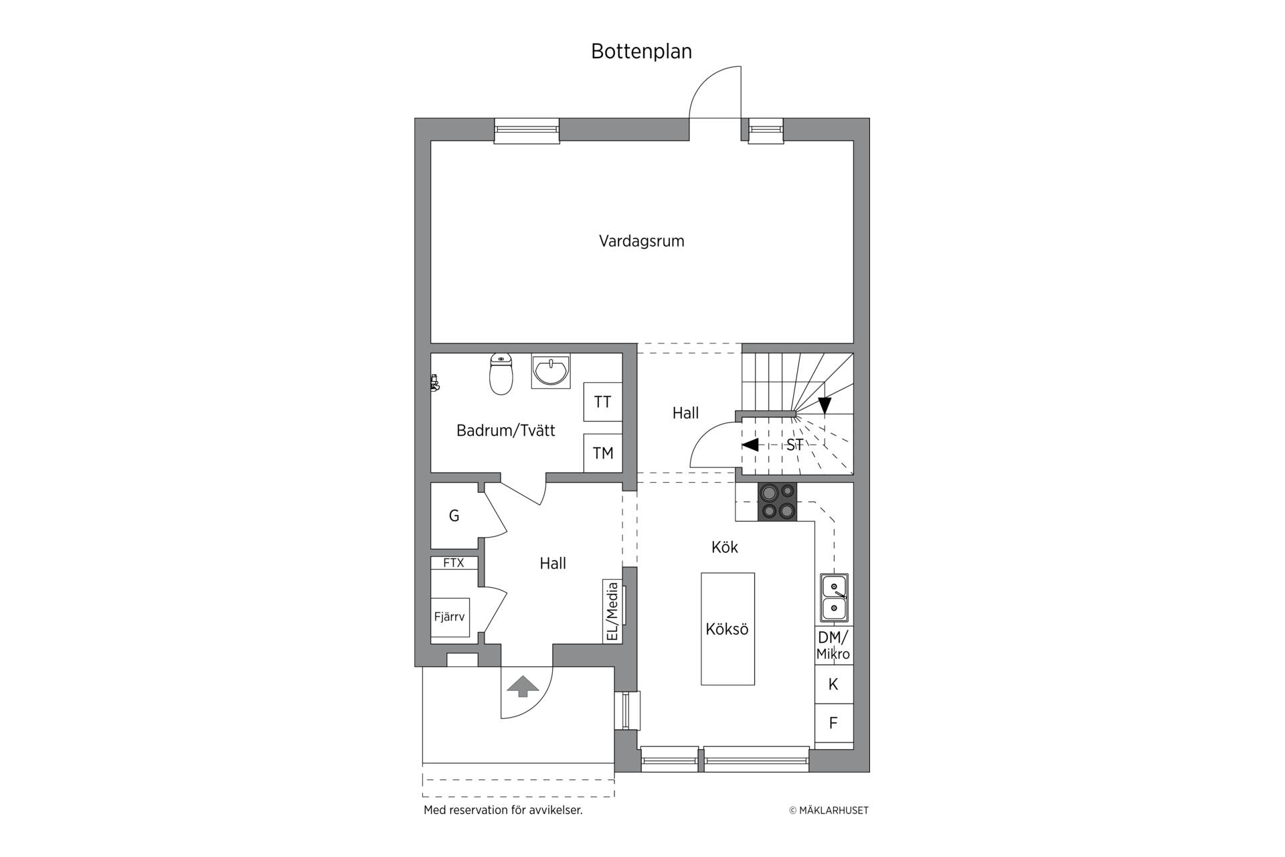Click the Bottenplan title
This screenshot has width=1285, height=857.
641,52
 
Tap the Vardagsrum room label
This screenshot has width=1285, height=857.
641,241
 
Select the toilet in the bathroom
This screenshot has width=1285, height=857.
501,374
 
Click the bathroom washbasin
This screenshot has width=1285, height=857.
551,371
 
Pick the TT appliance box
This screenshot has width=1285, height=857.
603,402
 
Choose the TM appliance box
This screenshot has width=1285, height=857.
603,453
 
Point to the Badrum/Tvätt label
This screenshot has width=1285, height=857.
506,431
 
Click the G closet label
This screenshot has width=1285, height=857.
454,516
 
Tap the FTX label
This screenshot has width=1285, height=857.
454,563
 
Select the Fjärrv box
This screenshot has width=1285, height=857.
450,617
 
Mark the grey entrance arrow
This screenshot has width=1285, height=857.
523,686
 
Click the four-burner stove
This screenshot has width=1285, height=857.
777,501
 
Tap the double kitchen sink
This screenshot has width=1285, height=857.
834,598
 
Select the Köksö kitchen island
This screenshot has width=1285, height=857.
727,629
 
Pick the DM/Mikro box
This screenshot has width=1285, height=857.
833,645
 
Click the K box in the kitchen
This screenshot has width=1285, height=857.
833,684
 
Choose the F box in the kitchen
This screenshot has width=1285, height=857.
833,723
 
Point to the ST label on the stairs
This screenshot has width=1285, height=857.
794,445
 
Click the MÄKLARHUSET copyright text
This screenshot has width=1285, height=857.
829,810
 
